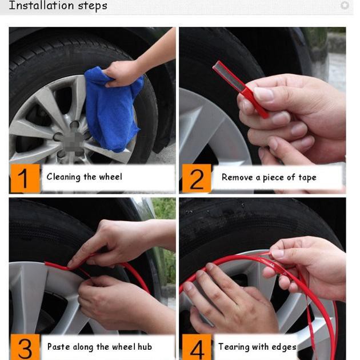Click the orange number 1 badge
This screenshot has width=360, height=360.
click(x=25, y=178)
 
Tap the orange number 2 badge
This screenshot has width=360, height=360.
click(x=197, y=178)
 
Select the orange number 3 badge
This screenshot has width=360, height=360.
click(x=25, y=347)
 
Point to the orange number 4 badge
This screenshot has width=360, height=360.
click(x=197, y=347)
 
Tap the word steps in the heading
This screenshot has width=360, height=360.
click(x=93, y=6)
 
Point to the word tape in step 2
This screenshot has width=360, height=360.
click(x=307, y=178)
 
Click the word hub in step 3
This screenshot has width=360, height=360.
click(x=145, y=346)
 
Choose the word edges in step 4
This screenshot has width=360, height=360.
click(x=284, y=347)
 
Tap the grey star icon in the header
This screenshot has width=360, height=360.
click(x=345, y=5)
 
